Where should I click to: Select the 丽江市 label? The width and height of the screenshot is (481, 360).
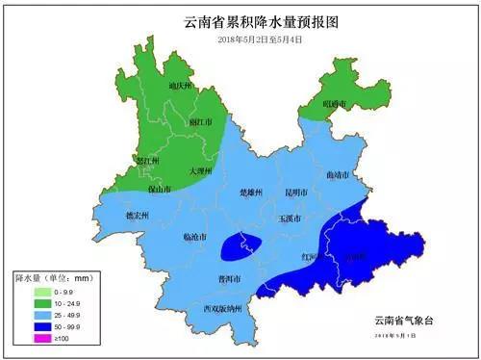[x=199, y=123]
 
